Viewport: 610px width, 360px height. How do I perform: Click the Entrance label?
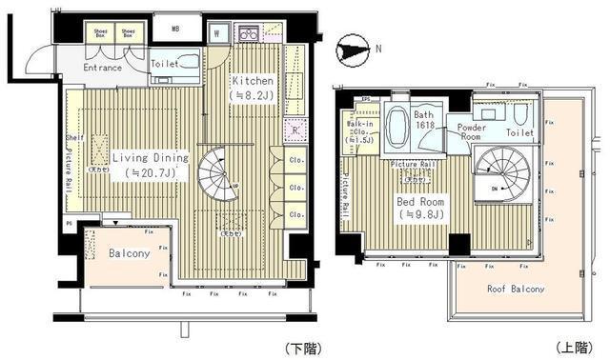pos(101,68)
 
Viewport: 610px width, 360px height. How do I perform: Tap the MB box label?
pos(174,29)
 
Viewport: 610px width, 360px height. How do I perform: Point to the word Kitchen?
pos(253,81)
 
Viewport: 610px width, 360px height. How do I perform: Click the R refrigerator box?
pos(295,130)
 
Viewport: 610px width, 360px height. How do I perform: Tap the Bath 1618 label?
pos(423,120)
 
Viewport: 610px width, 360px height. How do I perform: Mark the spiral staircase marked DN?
pos(498,173)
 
